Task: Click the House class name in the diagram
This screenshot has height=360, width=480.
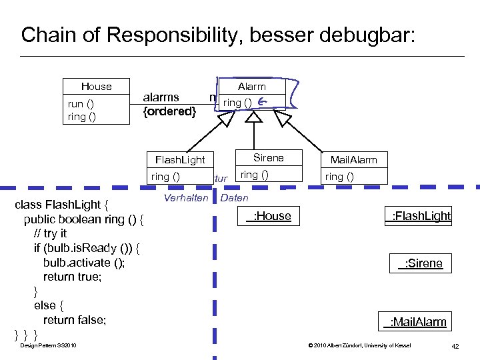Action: coord(96,87)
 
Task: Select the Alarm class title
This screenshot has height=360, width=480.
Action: coord(251,87)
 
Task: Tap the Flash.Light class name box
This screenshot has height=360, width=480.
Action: coord(180,160)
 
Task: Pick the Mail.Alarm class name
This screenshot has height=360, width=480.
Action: coord(353,160)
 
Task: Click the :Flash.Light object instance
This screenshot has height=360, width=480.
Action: coord(421,216)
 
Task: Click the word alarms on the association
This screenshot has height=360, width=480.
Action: coord(161,97)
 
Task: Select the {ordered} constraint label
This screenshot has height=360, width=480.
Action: coord(170,111)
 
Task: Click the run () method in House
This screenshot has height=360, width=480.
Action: coord(81,103)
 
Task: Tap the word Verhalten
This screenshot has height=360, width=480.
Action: coord(186,198)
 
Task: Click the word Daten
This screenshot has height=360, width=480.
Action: coord(234,198)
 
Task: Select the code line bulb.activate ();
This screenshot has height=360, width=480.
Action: coord(83,262)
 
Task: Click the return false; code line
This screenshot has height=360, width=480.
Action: coord(74,320)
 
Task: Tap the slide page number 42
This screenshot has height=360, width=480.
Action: coord(455,345)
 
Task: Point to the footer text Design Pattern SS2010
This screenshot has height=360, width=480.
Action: coord(48,345)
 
